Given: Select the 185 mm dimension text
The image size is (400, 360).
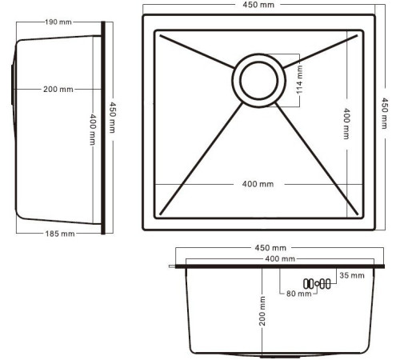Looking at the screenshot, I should coord(57,234).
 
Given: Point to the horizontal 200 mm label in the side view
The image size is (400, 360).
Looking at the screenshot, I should coord(58,89).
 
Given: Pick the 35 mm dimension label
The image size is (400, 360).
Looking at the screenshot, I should coord(351,276).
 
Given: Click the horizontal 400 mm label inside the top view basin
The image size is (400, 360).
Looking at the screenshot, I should coord(258,184).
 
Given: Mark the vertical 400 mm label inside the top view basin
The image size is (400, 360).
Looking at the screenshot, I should coord(346,124).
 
